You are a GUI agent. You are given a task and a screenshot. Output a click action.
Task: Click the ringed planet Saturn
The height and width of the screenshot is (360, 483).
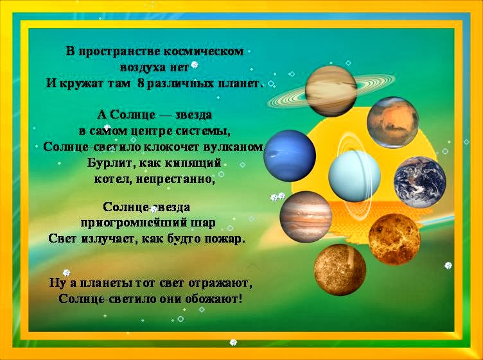click(331, 91)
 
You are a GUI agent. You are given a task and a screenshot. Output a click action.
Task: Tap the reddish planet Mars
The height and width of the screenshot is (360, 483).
click(392, 123)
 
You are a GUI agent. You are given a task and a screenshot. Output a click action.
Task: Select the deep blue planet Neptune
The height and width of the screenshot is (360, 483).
click(290, 156)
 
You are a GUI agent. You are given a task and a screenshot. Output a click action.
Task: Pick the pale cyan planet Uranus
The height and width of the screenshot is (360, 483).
click(355, 176)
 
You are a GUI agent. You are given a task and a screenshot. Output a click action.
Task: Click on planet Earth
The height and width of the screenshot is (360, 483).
click(420, 182)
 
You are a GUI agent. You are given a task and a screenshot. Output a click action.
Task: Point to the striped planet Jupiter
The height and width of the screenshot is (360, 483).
click(306, 217)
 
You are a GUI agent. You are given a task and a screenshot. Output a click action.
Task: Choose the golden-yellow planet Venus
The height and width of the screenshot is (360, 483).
click(394, 239)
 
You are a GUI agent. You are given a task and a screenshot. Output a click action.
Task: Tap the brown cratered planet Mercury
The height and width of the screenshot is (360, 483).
click(340, 270)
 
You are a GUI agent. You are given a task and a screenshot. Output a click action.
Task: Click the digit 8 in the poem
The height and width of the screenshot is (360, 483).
click(141, 83)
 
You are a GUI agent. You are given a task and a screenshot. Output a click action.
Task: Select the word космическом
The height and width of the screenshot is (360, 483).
click(204, 51)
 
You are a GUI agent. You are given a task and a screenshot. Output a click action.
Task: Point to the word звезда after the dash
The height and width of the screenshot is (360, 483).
click(193, 115)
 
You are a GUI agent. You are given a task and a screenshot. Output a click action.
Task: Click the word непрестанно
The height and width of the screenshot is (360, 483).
click(174, 179)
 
